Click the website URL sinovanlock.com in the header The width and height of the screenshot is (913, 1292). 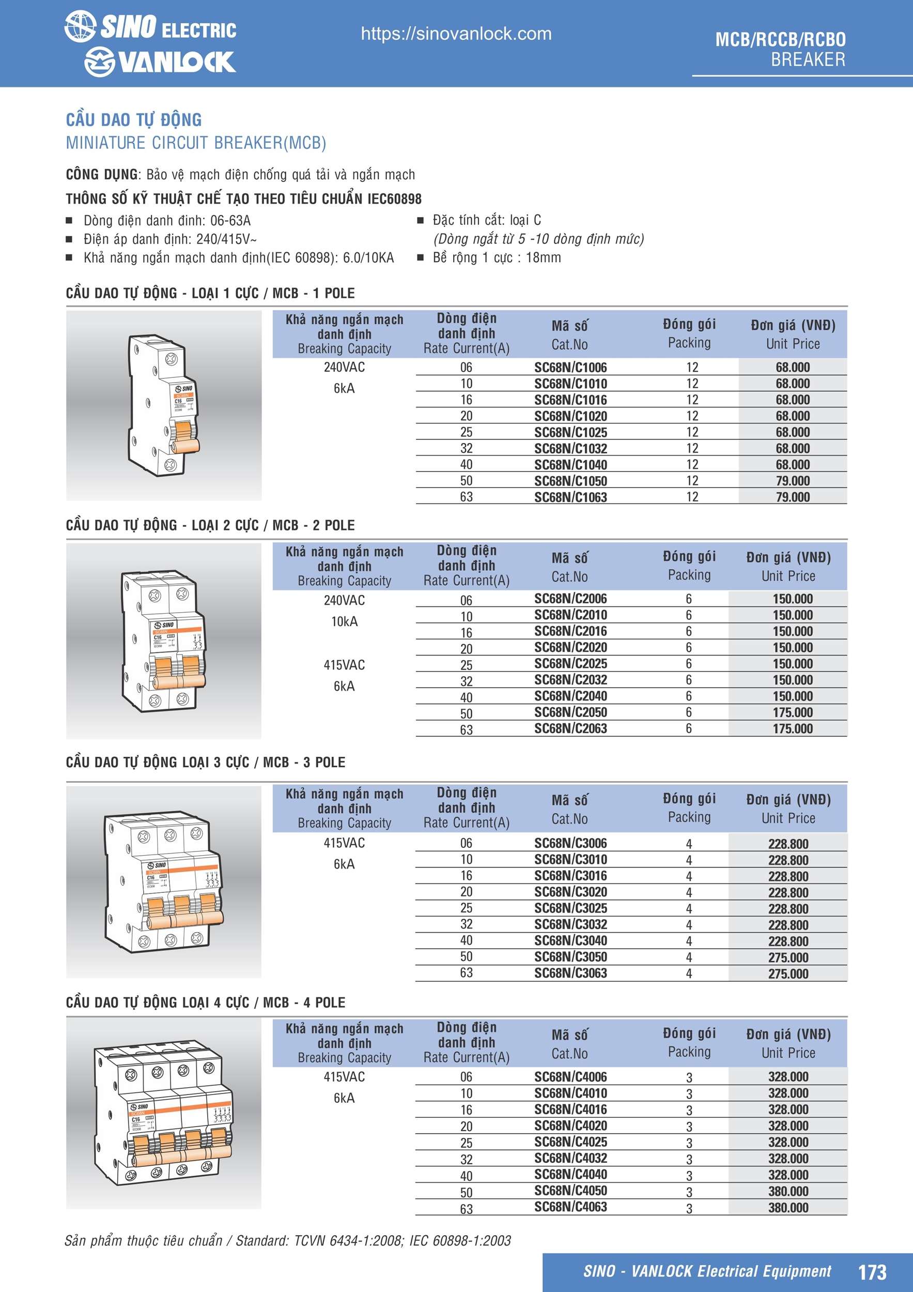[456, 34]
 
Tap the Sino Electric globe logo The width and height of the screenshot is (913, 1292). [80, 26]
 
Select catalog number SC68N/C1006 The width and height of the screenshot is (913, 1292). [570, 368]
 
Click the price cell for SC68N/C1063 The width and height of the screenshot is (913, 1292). [792, 497]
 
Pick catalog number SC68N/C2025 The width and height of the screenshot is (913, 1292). [570, 663]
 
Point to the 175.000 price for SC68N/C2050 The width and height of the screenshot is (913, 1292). [792, 712]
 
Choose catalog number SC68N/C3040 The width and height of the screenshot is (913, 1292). [570, 940]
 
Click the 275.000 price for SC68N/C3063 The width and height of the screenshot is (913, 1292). [788, 974]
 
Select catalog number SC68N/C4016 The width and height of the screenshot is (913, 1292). [570, 1109]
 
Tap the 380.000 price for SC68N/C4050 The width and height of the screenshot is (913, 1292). [788, 1191]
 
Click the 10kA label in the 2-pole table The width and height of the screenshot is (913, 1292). [344, 621]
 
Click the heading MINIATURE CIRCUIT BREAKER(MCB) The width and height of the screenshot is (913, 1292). [196, 143]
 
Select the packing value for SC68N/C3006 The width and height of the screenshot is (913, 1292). [689, 844]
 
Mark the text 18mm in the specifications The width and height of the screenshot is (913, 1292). [543, 257]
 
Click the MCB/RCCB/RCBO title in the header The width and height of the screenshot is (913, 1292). [780, 39]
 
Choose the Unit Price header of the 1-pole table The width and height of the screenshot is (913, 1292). [792, 344]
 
